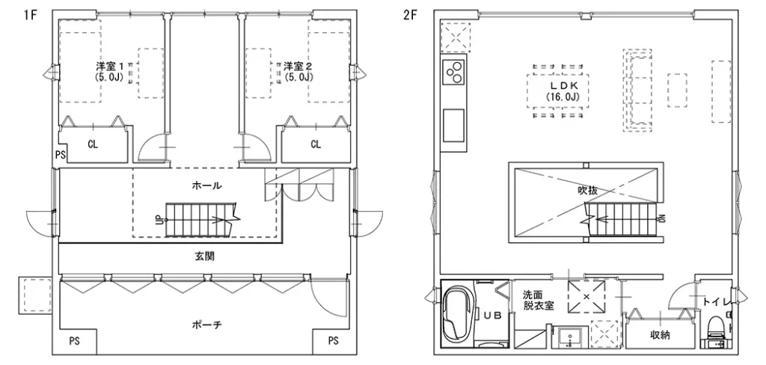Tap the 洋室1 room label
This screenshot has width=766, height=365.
pos(110,66)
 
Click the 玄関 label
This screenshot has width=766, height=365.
pos(203,256)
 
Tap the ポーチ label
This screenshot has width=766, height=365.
pos(206,325)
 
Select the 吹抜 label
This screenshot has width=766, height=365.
pos(588,191)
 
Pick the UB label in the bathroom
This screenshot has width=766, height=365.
pos(491,315)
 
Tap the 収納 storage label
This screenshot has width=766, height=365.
pos(660,334)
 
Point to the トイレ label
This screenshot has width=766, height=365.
pos(716,301)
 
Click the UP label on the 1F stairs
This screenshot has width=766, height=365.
pos(159,221)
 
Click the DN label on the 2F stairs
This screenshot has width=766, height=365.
pos(661,219)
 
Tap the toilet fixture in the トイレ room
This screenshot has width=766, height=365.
pos(716,327)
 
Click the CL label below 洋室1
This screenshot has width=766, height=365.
pos(93,144)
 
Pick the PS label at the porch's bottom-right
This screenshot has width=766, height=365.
pos(333,340)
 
